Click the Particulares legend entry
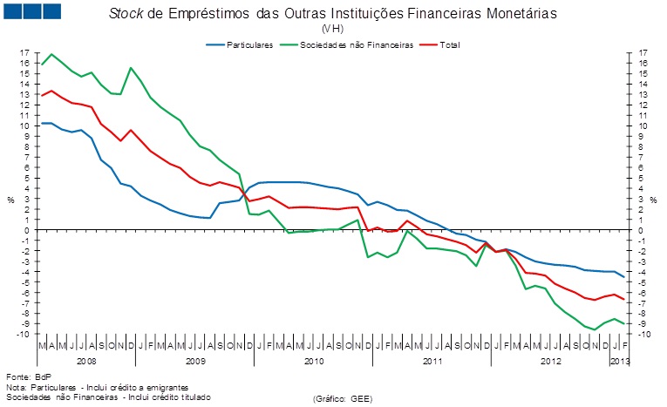click(250, 44)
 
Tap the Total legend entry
click(450, 44)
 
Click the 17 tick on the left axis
click(25, 53)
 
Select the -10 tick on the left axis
click(24, 334)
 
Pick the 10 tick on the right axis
click(642, 125)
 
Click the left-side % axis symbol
click(11, 200)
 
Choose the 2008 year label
click(86, 360)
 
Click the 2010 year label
click(313, 360)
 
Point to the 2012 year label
click(552, 360)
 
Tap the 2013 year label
click(619, 360)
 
